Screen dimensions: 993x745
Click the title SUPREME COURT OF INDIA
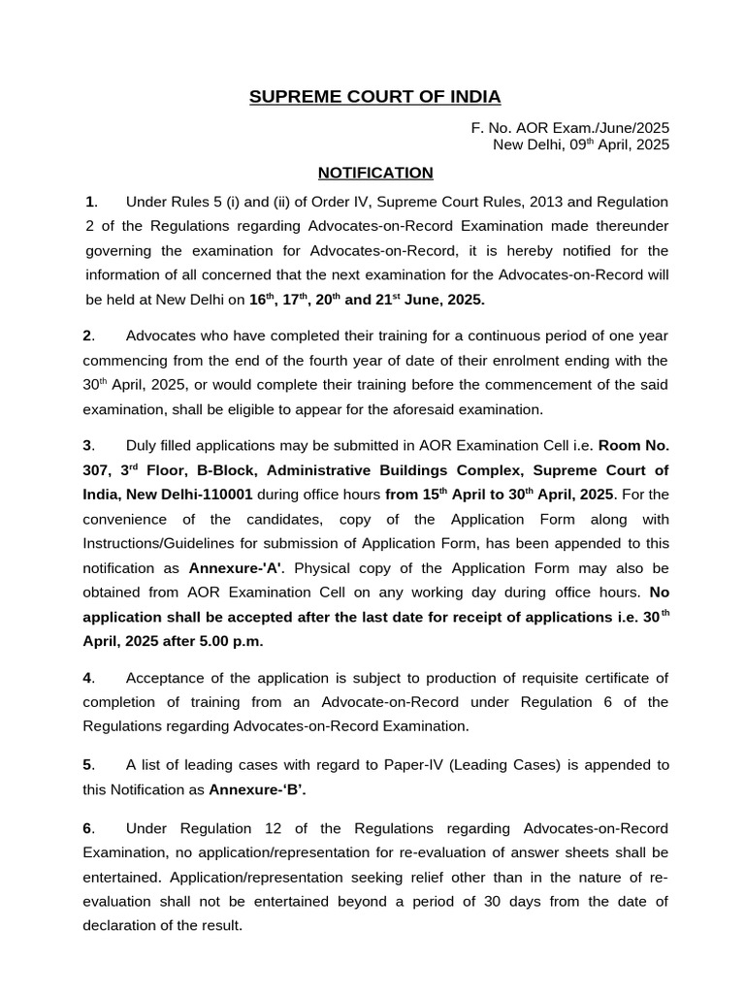[375, 97]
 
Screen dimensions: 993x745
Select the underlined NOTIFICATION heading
[375, 173]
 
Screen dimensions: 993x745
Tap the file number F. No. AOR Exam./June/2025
[570, 128]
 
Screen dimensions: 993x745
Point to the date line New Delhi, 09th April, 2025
[581, 144]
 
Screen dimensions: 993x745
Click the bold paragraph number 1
[90, 202]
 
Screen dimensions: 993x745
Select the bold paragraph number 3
[87, 446]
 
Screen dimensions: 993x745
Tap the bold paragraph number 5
[87, 765]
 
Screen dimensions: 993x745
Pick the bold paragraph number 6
[87, 828]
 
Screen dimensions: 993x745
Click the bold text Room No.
[633, 446]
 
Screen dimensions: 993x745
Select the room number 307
[97, 471]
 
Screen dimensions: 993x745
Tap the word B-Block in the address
[231, 471]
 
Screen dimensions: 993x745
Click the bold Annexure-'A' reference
[228, 567]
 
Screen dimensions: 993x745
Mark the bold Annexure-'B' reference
[257, 789]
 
